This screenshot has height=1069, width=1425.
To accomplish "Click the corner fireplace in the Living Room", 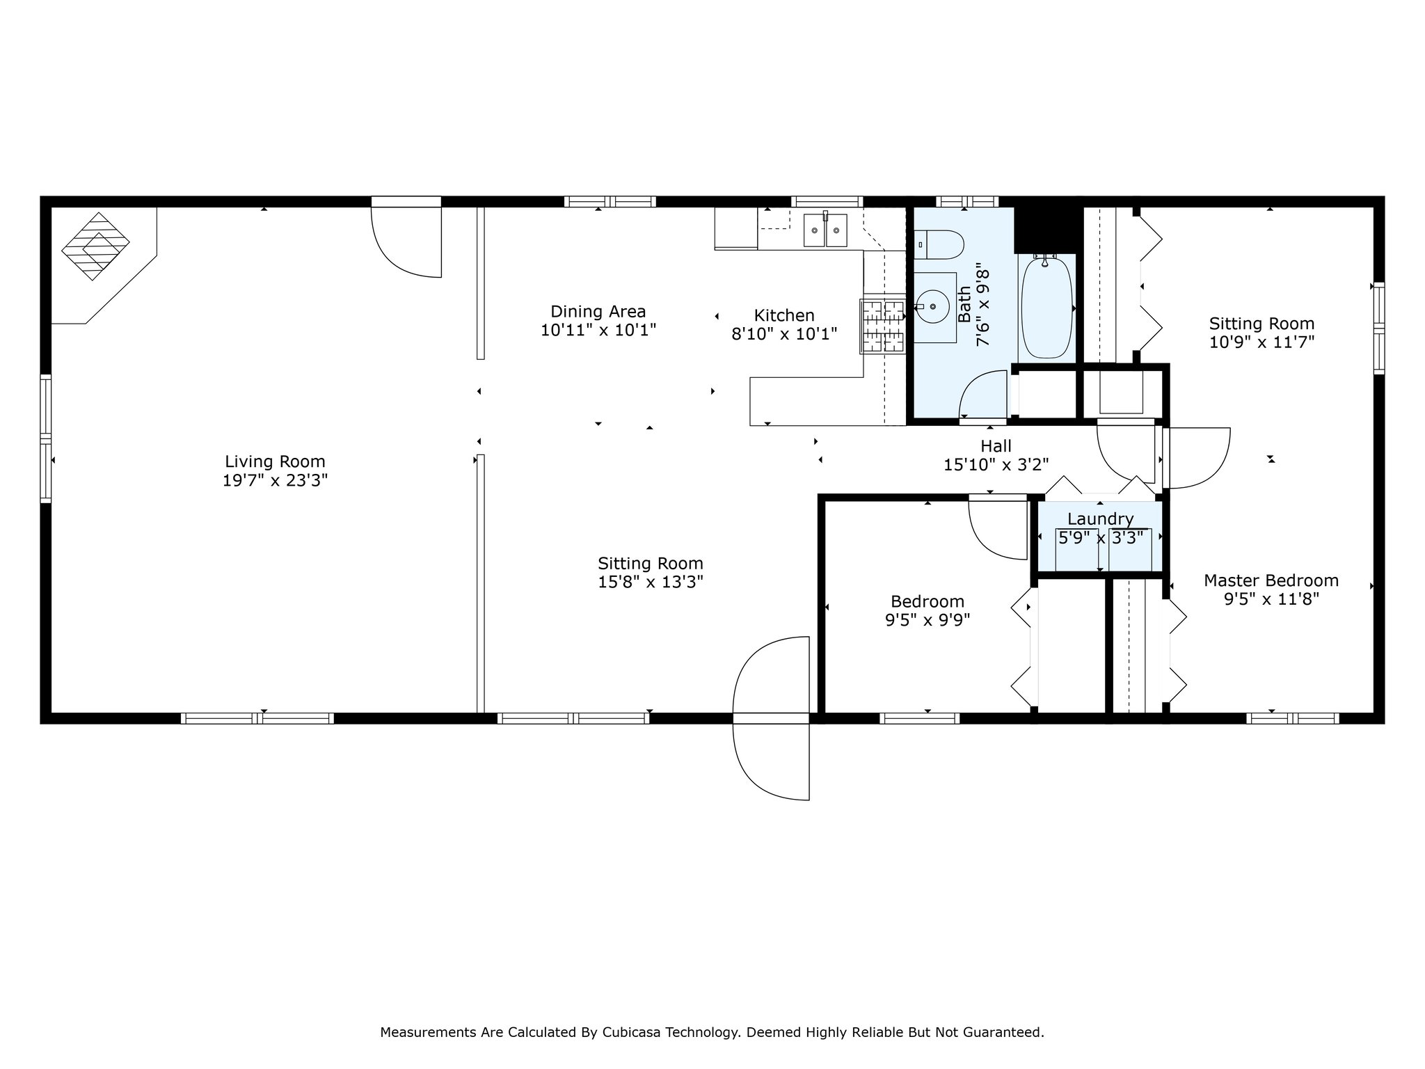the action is click(95, 246).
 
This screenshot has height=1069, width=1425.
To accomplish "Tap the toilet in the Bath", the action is click(939, 245).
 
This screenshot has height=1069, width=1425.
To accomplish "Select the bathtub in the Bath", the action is click(1046, 307).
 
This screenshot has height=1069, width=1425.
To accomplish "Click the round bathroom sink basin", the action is click(932, 306).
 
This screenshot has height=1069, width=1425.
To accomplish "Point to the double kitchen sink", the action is click(826, 230).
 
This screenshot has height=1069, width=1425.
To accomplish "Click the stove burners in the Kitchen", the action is click(883, 326).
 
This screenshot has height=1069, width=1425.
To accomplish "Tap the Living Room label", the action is click(275, 461).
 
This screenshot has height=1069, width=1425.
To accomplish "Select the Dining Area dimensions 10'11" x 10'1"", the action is click(598, 330).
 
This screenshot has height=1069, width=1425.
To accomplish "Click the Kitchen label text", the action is click(784, 315).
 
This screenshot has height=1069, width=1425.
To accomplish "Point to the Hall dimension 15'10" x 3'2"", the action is click(996, 464).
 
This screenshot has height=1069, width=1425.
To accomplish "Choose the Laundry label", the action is click(1100, 519).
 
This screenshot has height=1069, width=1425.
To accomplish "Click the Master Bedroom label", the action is click(1271, 580).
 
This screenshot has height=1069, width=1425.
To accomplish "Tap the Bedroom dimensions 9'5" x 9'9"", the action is click(928, 619).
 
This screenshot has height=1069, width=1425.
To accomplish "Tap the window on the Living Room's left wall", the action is click(46, 438).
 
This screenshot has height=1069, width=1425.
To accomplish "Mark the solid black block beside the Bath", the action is click(1046, 230).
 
